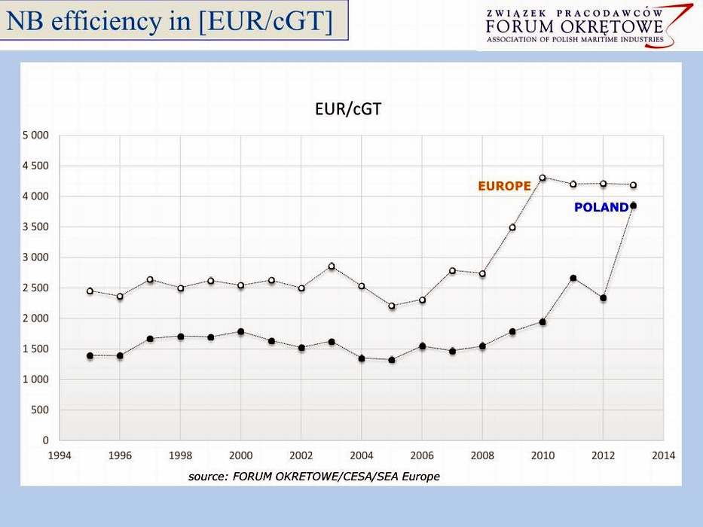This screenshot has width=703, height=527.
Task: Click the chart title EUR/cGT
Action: [348, 109]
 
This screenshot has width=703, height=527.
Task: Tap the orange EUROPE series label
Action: [504, 186]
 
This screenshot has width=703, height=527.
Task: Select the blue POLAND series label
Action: [601, 207]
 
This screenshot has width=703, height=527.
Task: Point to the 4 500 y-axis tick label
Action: [34, 166]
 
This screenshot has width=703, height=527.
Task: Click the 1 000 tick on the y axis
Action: [34, 379]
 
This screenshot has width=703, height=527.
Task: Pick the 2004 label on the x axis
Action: [362, 455]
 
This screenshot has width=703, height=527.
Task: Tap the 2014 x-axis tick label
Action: [664, 455]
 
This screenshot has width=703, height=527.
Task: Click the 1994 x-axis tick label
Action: [60, 455]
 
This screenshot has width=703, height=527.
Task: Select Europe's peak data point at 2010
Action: [543, 178]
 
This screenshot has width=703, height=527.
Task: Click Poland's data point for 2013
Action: [634, 206]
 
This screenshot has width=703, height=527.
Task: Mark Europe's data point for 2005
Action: [392, 306]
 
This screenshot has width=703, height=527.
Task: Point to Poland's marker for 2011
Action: [573, 279]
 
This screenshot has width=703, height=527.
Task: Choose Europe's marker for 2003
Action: [332, 266]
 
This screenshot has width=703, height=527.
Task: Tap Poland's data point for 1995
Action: [90, 355]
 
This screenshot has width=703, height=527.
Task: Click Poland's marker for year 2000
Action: [241, 331]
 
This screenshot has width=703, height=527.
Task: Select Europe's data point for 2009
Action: [512, 227]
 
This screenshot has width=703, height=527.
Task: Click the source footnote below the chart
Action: [313, 476]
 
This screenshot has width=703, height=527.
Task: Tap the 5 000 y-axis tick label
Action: [34, 136]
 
